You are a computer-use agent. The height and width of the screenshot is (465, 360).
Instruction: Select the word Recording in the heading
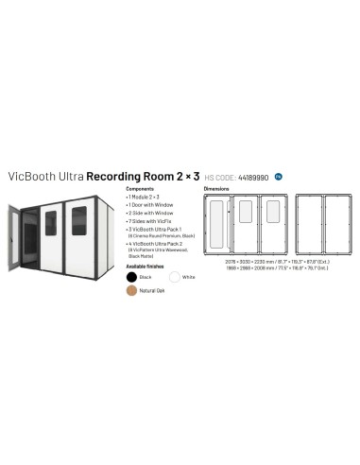point(116,175)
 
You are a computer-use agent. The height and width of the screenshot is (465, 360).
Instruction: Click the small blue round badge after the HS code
point(279,175)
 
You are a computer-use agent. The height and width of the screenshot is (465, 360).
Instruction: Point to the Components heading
point(140,189)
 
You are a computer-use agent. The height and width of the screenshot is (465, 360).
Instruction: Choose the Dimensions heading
point(218,189)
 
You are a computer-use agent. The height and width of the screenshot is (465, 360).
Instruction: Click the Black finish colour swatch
point(132,276)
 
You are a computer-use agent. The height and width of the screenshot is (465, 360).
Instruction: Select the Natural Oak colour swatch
point(132,290)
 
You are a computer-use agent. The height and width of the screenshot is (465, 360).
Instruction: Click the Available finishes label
point(145,266)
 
